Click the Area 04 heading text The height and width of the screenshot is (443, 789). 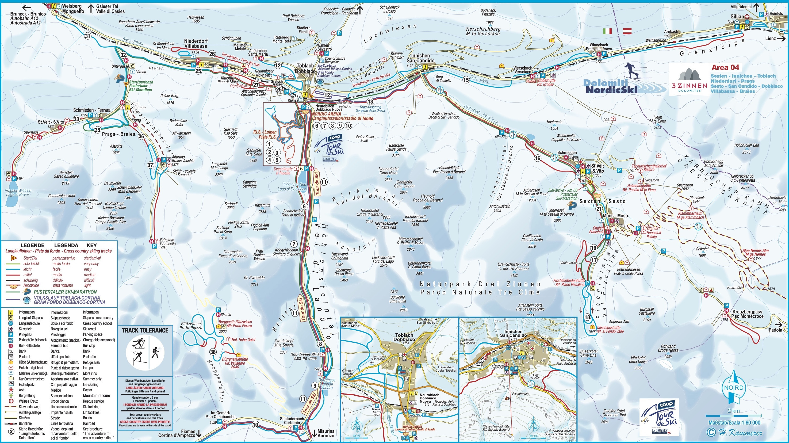[725, 67]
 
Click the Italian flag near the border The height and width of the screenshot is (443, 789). [607, 31]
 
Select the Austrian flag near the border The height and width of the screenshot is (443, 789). [627, 31]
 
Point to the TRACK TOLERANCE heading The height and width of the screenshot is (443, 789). [145, 330]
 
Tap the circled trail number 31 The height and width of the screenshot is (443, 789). [88, 36]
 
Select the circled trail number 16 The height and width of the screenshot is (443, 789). [538, 158]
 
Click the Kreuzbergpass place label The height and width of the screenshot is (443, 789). [747, 314]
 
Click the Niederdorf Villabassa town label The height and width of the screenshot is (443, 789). [196, 44]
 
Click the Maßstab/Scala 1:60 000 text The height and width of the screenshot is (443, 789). [734, 422]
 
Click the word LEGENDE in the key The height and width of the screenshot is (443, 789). [32, 245]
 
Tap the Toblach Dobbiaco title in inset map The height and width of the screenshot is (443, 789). [404, 337]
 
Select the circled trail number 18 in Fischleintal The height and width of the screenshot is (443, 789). [587, 317]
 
